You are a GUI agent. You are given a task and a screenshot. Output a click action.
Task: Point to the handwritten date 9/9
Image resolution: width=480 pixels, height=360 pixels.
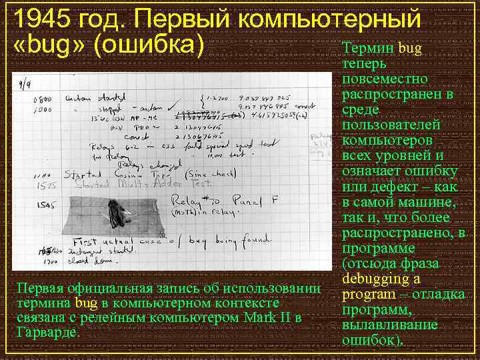click(x=29, y=84)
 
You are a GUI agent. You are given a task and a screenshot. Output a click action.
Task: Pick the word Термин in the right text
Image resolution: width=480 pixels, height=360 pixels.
click(x=368, y=49)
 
